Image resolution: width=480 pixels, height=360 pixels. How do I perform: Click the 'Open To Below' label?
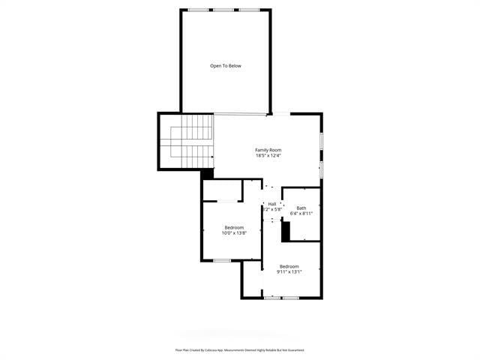tap(225, 66)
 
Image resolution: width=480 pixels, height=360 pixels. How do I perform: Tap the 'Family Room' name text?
tap(268, 150)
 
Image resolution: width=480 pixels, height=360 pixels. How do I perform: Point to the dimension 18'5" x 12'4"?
tap(268, 155)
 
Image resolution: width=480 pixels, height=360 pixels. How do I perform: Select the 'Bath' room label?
tap(301, 208)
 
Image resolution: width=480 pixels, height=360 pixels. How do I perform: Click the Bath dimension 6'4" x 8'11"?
tap(301, 214)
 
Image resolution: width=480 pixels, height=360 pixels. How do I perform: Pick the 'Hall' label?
tap(272, 204)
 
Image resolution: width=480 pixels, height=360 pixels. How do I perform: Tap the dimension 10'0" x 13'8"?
tap(233, 233)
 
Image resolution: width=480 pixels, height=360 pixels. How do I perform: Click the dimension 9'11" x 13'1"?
tap(289, 272)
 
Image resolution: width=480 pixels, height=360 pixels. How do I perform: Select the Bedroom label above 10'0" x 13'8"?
tap(234, 227)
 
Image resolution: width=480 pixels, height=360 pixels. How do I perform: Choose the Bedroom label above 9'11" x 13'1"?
tap(289, 266)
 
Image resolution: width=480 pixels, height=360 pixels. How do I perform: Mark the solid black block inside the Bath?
tap(286, 231)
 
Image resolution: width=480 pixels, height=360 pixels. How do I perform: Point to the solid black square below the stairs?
tap(208, 173)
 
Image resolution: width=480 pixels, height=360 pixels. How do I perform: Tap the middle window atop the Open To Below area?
tap(225, 10)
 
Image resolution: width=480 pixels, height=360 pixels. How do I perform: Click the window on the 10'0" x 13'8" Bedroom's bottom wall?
tap(221, 260)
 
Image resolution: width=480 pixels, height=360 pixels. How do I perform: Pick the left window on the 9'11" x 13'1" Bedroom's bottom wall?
tap(273, 298)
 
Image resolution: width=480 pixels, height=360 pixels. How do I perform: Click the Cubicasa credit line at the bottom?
tap(239, 349)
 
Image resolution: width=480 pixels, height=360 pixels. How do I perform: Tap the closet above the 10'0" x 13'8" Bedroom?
tap(223, 190)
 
